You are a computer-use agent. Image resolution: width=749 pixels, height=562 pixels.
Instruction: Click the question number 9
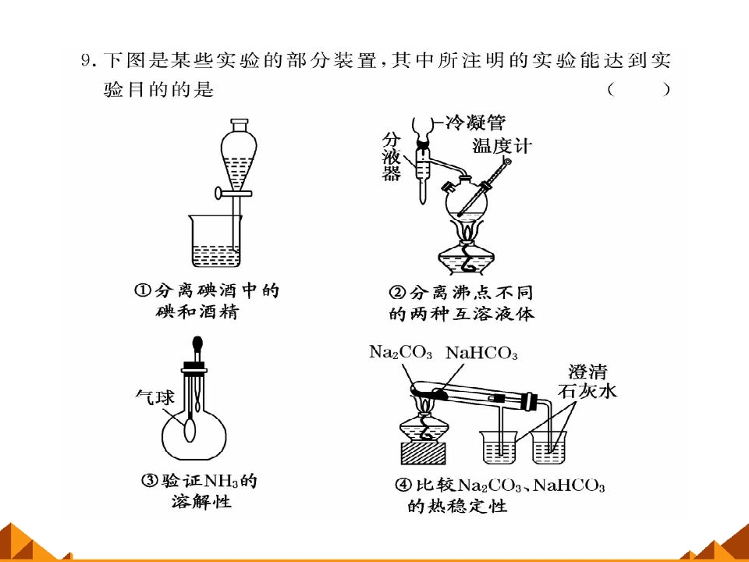tap(86, 61)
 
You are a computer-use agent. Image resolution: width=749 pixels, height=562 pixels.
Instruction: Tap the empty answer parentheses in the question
tap(639, 89)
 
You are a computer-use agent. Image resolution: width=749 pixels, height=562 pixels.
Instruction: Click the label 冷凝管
tap(475, 123)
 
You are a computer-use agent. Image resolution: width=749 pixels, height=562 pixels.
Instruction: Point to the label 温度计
tap(502, 145)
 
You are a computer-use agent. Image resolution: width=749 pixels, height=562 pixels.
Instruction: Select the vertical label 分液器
tap(391, 157)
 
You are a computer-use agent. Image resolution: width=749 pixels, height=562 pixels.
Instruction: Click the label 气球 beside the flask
tap(154, 397)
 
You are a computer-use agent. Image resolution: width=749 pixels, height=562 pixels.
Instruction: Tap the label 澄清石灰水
tap(587, 382)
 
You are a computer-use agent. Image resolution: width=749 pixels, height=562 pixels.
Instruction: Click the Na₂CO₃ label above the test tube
tap(400, 352)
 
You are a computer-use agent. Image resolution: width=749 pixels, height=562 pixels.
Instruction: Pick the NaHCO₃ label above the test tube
tap(481, 353)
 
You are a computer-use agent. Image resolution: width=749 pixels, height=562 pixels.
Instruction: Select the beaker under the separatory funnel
tap(216, 241)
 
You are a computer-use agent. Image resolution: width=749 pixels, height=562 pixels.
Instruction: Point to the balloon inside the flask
tap(190, 429)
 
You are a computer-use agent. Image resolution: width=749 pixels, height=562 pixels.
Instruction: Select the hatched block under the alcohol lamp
tap(423, 453)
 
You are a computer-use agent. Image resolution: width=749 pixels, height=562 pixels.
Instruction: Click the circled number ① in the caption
tap(142, 290)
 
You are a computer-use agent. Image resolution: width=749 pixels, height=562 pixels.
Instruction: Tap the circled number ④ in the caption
tap(403, 485)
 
